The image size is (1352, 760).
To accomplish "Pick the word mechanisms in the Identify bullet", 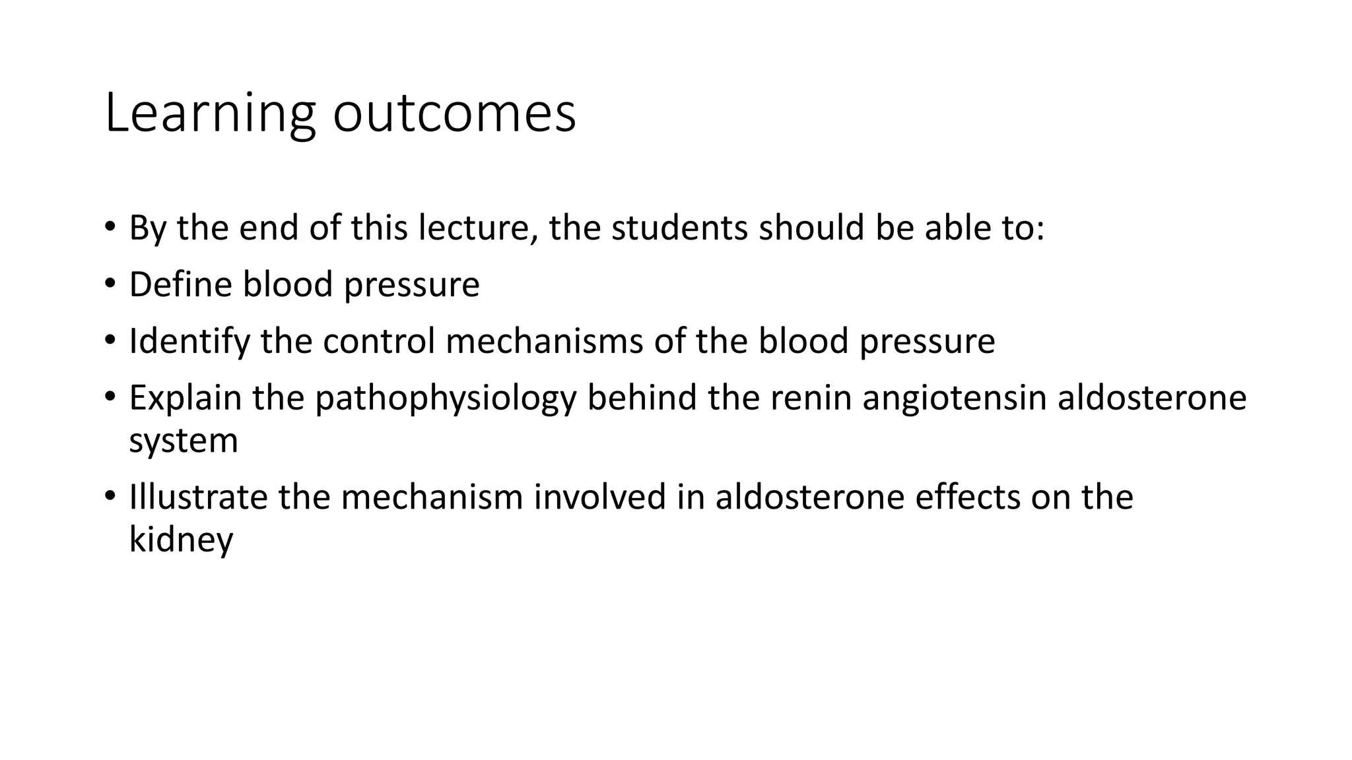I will [x=545, y=342].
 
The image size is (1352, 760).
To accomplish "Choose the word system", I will [x=184, y=441].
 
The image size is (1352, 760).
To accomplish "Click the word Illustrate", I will [x=198, y=497].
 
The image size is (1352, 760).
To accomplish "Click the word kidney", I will [x=181, y=540].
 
